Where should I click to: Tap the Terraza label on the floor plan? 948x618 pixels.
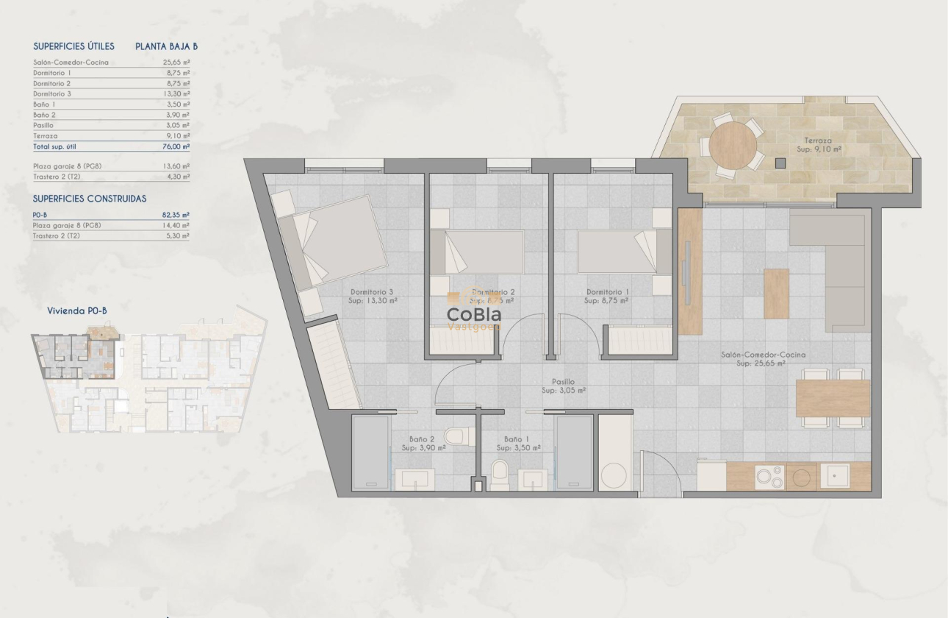(817, 140)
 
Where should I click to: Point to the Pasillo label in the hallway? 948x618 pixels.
(564, 382)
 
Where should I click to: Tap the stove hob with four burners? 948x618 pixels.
(770, 477)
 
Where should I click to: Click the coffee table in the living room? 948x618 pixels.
(776, 294)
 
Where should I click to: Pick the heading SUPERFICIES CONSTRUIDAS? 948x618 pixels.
(90, 199)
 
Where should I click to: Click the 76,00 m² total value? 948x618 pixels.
(176, 146)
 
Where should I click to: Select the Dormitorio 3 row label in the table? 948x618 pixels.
(52, 93)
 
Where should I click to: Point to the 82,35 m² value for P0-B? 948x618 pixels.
(176, 215)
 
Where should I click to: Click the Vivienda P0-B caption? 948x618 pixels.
(77, 311)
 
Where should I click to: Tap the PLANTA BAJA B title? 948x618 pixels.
(166, 46)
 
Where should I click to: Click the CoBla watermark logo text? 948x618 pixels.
(474, 314)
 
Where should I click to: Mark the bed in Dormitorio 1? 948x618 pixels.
(617, 252)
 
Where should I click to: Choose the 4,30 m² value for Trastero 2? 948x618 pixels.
(176, 177)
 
